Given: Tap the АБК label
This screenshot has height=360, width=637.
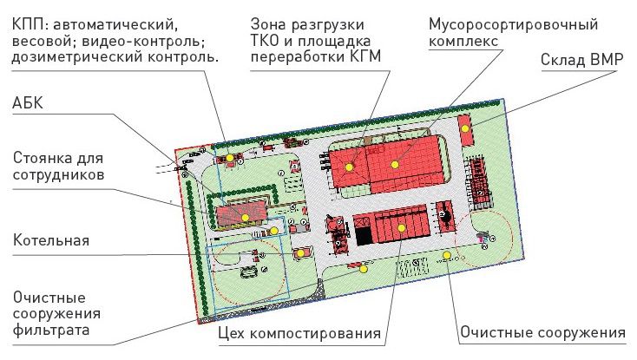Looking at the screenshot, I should pos(30,104).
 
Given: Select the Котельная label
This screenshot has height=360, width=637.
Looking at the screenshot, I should pos(51,239).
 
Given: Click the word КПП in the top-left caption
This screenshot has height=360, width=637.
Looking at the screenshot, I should pos(30,20).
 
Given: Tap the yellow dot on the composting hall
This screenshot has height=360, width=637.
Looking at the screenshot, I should pos(402,226).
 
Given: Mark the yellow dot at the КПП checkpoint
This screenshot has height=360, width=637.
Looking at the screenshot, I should pos(229,158).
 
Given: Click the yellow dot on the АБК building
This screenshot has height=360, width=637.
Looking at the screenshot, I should pos(246,217).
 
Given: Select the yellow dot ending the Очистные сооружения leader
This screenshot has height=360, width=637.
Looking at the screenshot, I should pos(446,254).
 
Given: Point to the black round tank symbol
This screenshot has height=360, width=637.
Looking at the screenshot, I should pos(444,212).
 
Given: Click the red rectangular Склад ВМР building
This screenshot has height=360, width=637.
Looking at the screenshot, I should pos(469,132).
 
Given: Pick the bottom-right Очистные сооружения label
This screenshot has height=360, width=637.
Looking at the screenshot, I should pos(542,332).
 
